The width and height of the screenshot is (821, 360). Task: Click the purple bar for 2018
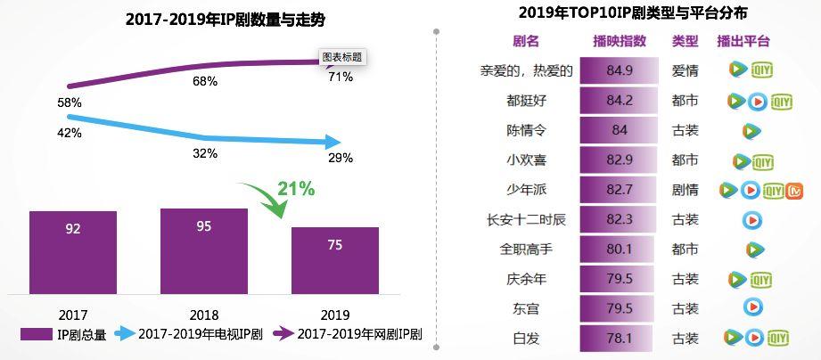[204, 249]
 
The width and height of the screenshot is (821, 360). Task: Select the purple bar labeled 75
[335, 258]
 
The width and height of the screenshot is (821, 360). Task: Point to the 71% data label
[341, 78]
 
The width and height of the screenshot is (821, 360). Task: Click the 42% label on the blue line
[70, 133]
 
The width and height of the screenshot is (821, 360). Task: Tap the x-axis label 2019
[335, 315]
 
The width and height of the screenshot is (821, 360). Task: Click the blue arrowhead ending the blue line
[333, 142]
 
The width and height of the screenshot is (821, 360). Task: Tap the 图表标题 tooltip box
[343, 56]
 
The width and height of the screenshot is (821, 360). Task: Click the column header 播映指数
[620, 41]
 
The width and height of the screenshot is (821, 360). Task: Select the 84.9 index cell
[620, 70]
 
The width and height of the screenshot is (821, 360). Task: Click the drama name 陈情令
[526, 130]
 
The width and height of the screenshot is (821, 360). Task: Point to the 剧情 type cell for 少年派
[685, 190]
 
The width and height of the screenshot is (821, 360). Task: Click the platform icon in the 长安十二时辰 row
[752, 219]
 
